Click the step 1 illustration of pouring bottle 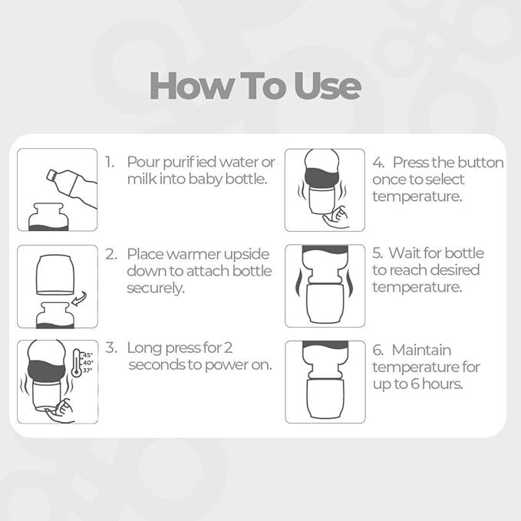pyautogui.click(x=58, y=190)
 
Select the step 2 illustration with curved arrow pyautogui.click(x=58, y=286)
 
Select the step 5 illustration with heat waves pyautogui.click(x=325, y=286)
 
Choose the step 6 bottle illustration pyautogui.click(x=325, y=381)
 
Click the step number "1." pyautogui.click(x=111, y=163)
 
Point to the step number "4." pyautogui.click(x=378, y=163)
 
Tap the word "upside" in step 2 pyautogui.click(x=248, y=253)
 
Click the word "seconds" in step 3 pyautogui.click(x=158, y=364)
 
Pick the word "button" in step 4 pyautogui.click(x=480, y=163)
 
